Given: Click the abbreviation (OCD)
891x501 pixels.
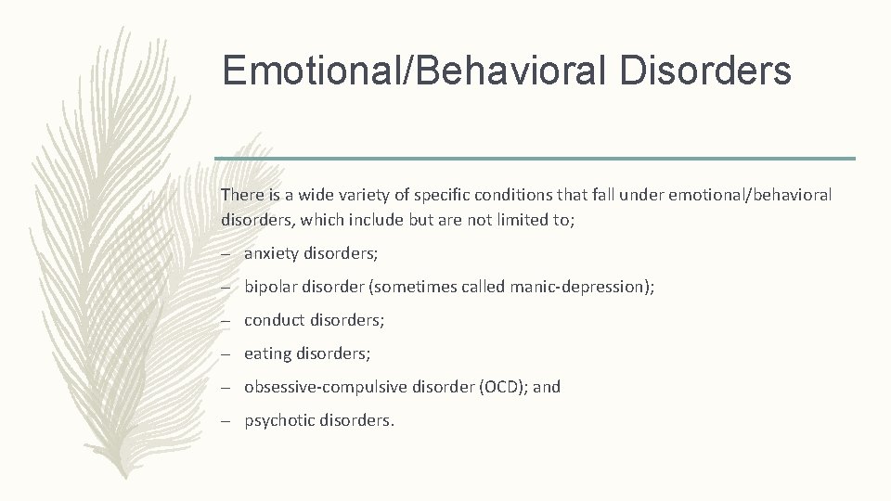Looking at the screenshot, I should point(504,387).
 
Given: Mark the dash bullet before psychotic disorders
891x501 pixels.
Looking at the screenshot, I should point(226,421).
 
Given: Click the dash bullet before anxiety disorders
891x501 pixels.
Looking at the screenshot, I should point(226,254).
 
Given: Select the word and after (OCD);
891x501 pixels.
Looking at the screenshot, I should point(547,387).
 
